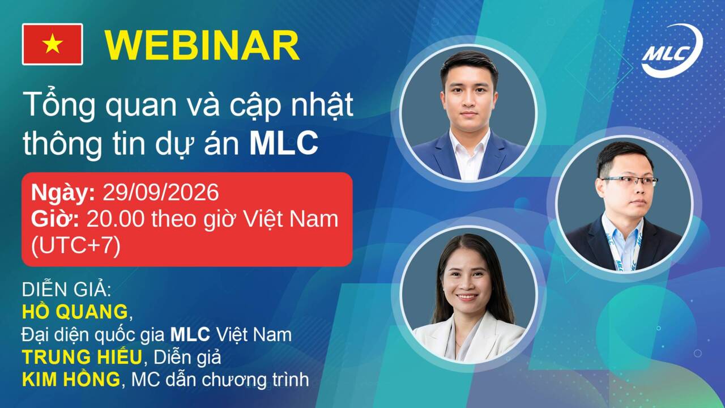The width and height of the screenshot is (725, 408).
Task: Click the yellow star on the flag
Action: click(x=53, y=44)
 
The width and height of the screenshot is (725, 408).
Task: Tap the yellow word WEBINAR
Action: click(x=202, y=46)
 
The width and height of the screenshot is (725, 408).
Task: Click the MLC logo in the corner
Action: click(x=672, y=51)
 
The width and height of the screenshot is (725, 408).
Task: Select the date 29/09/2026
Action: click(x=160, y=193)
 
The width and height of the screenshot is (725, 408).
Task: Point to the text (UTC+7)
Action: click(x=76, y=246)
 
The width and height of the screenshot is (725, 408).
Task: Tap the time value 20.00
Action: click(x=116, y=219)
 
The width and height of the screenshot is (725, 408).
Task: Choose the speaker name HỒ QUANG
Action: click(x=75, y=311)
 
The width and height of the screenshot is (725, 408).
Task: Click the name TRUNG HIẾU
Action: click(x=82, y=356)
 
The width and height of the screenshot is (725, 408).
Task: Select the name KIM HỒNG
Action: click(x=71, y=379)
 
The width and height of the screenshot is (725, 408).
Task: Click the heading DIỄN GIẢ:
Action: click(x=66, y=289)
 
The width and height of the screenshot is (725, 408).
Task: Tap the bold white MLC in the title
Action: click(x=284, y=143)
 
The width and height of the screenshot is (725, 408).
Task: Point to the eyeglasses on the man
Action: click(x=629, y=181)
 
